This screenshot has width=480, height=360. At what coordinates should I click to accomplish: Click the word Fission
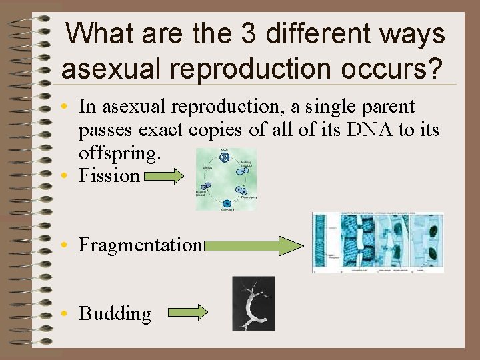point(109,176)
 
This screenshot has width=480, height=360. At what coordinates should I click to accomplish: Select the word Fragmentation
point(140,245)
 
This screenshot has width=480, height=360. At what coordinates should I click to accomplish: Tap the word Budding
point(115,313)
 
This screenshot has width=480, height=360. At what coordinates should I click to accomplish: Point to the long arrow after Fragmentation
point(254,245)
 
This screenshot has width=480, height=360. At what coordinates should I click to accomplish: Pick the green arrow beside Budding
point(187,313)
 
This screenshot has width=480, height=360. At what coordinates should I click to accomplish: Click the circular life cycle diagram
point(226,179)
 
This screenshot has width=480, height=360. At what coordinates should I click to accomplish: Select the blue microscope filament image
point(378,243)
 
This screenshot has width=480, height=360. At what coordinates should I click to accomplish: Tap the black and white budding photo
point(253,303)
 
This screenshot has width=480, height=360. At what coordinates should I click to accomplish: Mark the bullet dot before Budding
point(69,314)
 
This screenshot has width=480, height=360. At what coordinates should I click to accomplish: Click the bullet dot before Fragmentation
point(69,245)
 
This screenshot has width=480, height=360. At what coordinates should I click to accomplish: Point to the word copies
point(217,129)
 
